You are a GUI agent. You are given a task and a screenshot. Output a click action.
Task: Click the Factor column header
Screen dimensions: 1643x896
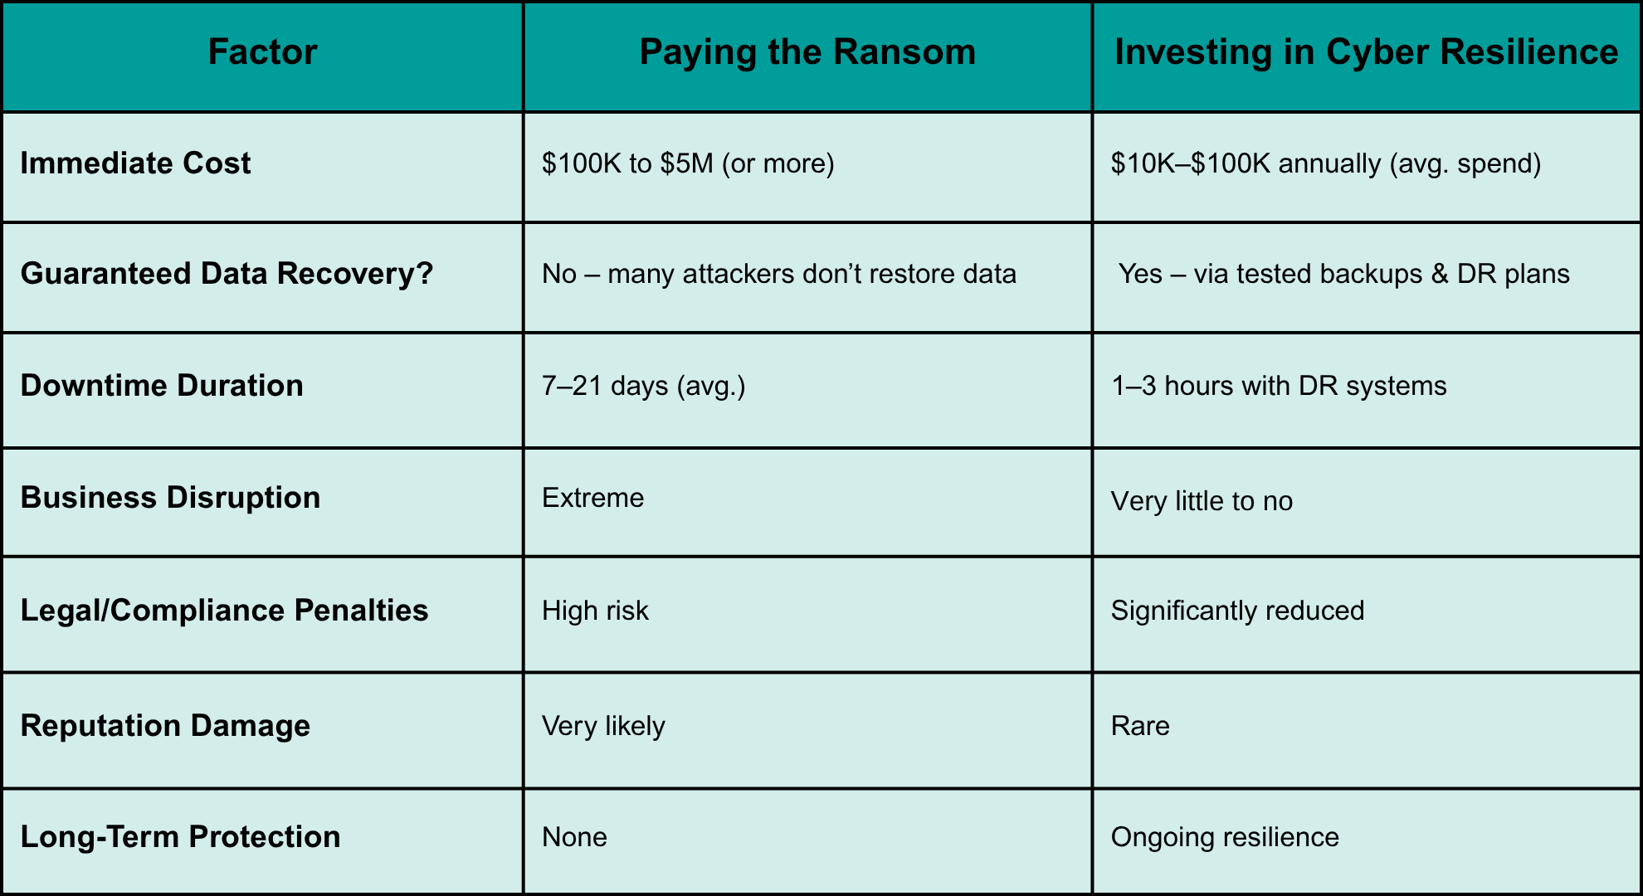262,51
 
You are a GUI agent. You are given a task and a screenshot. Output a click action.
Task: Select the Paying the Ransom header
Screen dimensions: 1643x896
807,51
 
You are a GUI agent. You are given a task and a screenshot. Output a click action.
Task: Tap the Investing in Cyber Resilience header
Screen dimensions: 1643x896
1366,51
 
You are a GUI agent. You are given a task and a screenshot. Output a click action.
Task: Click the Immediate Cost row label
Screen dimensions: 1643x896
135,163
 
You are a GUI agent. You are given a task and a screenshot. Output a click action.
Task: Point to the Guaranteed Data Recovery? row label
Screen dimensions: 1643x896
227,274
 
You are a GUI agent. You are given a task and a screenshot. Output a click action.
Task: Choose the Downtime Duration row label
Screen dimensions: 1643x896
162,386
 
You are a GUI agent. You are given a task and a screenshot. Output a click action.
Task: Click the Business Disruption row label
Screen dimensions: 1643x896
170,498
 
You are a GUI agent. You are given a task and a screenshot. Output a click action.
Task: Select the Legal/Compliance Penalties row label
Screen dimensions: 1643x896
224,611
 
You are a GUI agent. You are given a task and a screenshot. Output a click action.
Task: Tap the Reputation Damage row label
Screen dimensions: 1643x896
165,726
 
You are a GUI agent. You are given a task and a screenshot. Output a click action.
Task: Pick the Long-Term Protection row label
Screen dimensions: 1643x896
180,837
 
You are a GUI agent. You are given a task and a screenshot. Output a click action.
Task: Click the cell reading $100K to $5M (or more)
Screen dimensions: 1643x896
688,163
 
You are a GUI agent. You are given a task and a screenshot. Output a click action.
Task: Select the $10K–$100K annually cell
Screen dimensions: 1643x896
1326,163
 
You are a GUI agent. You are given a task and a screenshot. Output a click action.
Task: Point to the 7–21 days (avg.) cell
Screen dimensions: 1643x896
644,386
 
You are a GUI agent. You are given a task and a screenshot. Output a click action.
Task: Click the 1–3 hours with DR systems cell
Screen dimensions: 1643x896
1279,386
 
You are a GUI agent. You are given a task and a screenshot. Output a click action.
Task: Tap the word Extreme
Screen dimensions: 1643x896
592,498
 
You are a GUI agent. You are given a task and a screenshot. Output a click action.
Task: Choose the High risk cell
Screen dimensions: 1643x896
595,611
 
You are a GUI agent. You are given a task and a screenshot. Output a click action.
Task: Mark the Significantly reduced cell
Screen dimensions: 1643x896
1237,611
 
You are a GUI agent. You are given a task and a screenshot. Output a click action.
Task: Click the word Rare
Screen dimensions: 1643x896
1140,726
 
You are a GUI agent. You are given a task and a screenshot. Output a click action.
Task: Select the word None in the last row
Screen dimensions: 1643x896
574,837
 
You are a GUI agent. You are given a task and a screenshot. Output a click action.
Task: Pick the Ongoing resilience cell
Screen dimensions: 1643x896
1225,837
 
